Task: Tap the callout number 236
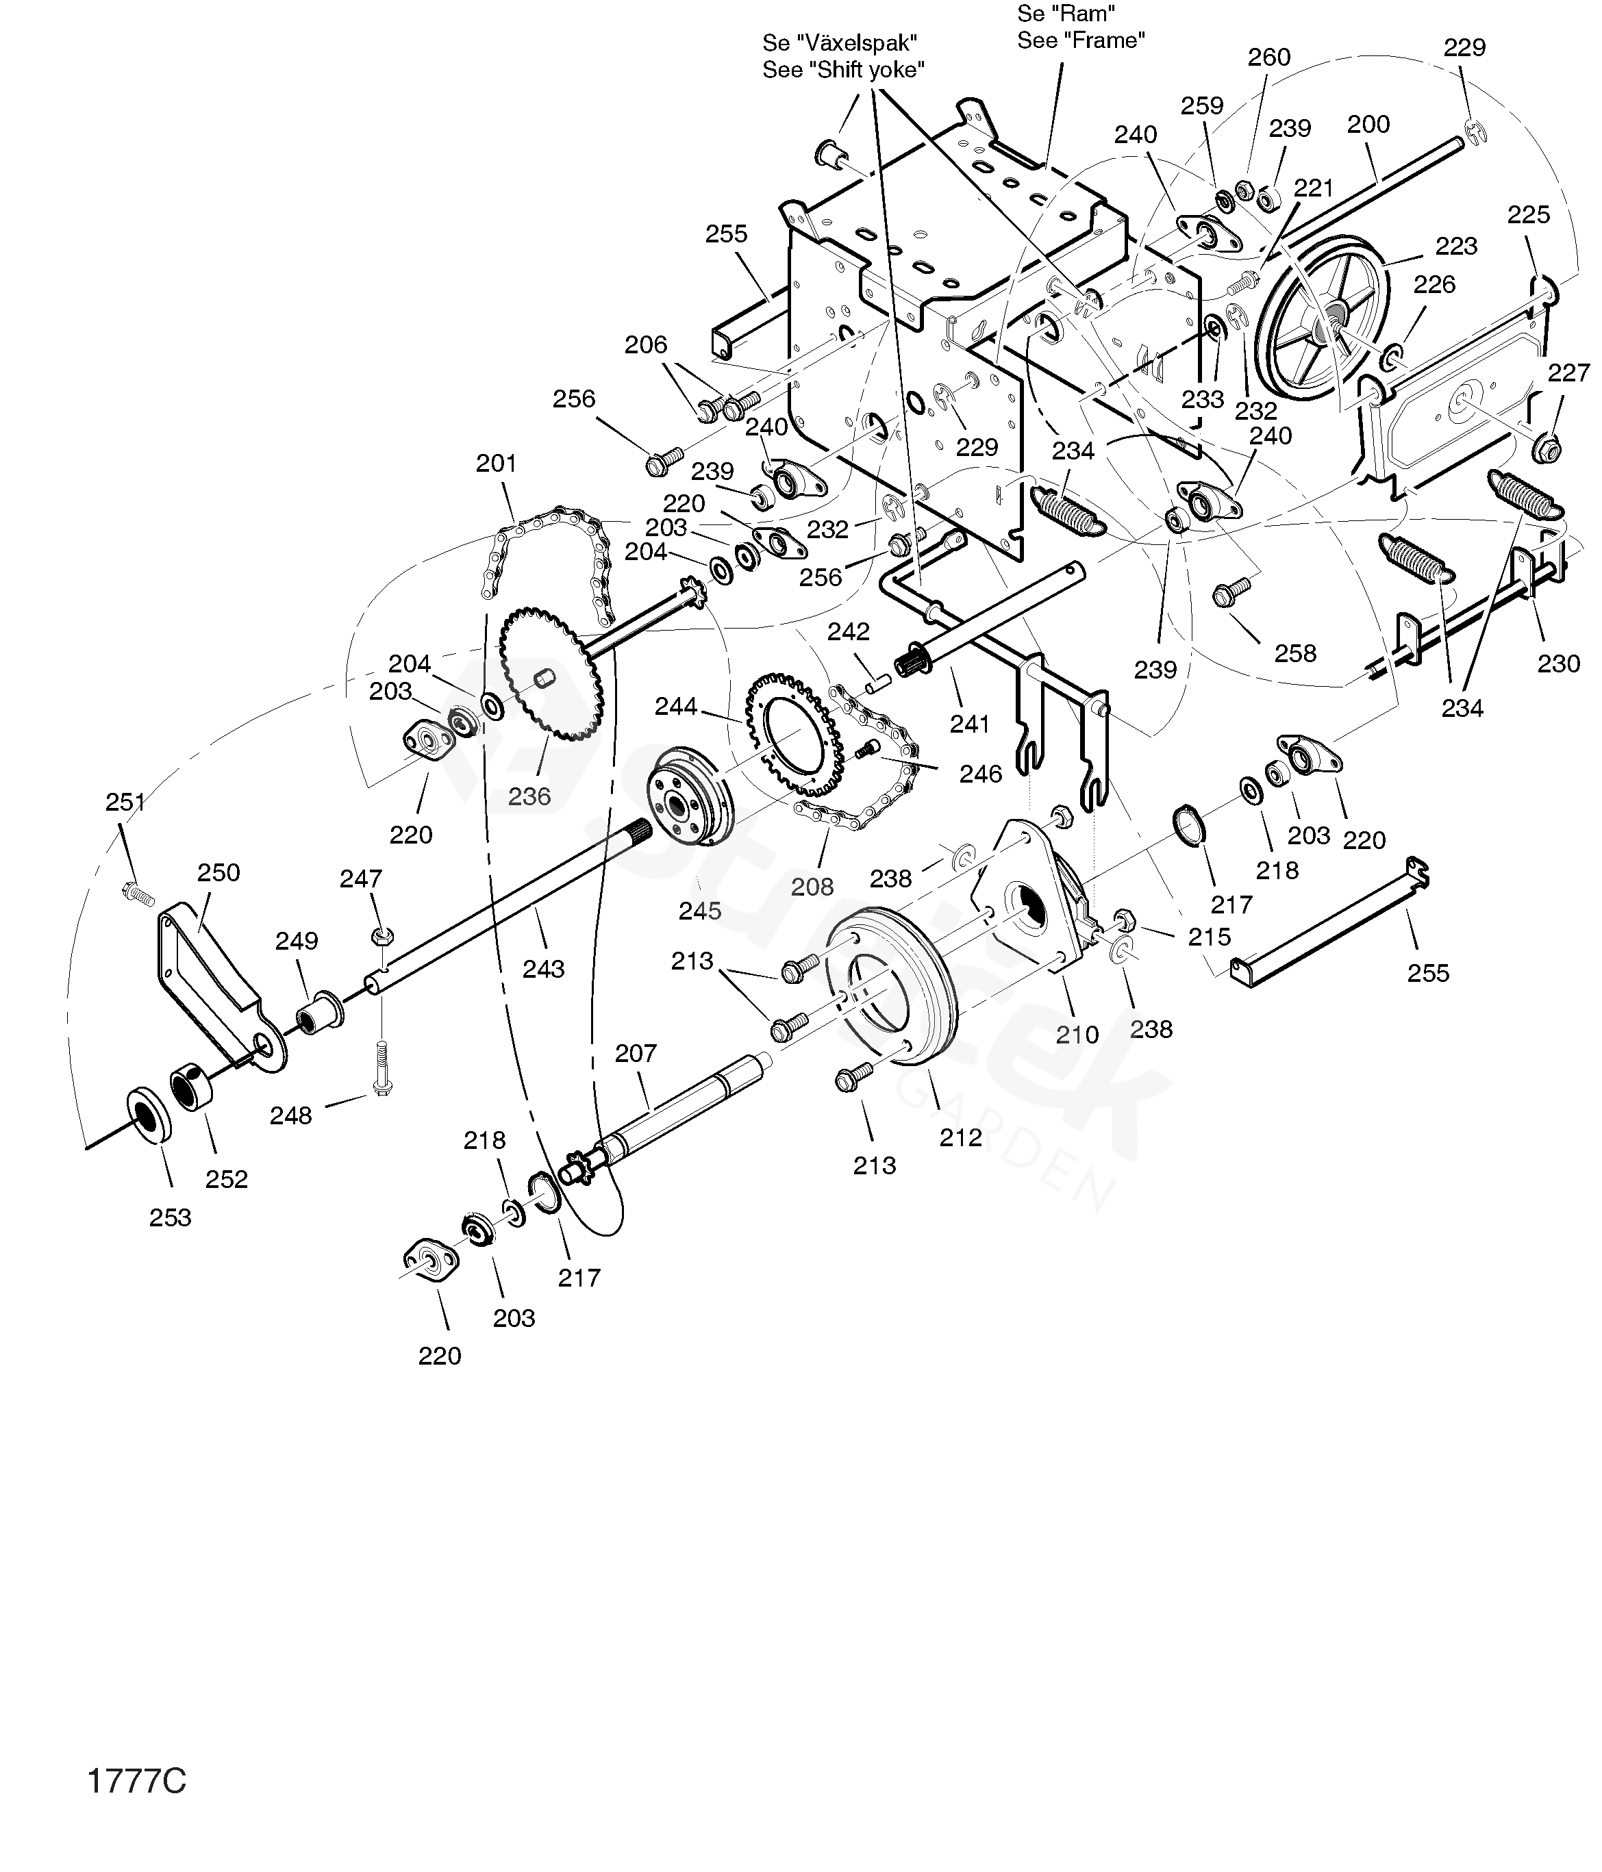(529, 796)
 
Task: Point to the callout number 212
(960, 1137)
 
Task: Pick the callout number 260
(1270, 57)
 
